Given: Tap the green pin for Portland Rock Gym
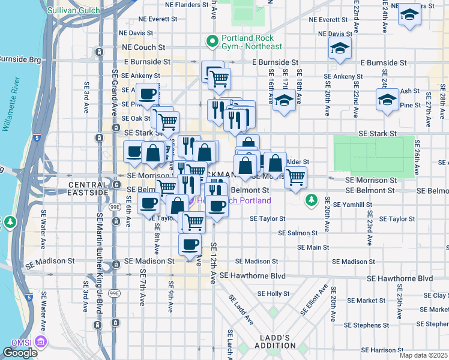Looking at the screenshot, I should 211,41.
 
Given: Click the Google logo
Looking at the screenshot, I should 20,353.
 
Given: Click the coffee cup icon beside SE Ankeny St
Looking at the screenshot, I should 148,94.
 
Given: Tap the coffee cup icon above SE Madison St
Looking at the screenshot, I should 190,244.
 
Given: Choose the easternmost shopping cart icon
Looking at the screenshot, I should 295,177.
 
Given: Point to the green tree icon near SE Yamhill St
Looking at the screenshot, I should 311,199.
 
